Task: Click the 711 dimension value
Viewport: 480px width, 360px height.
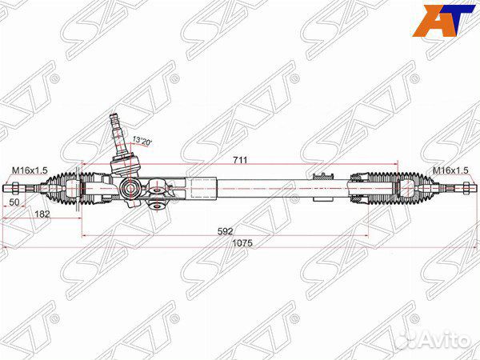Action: tap(240, 160)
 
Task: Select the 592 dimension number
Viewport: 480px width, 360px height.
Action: tap(226, 231)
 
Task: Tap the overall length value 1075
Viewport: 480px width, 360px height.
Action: tap(242, 243)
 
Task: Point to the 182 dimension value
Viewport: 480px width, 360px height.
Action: tap(42, 214)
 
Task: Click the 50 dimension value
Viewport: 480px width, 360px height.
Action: tap(14, 202)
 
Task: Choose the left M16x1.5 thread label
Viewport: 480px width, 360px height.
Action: tap(30, 170)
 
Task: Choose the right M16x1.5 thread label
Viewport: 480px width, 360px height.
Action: tap(450, 170)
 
